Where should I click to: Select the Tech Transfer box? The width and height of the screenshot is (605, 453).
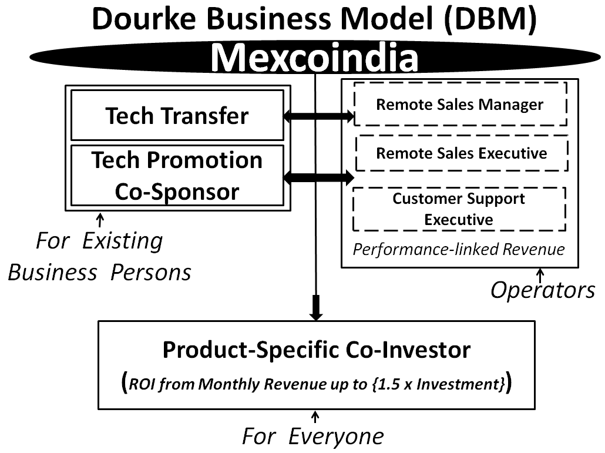(x=177, y=116)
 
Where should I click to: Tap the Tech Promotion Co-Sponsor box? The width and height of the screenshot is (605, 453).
(x=177, y=176)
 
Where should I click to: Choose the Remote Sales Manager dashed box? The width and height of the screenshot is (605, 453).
(x=459, y=105)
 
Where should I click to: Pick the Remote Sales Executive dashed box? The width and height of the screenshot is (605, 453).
(x=462, y=153)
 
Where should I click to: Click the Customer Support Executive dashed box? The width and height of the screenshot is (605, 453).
(x=459, y=209)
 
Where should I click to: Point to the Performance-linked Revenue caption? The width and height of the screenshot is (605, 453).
(x=458, y=250)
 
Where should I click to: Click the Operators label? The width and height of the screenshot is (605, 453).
(x=542, y=290)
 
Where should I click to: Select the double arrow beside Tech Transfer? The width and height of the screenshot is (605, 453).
(x=318, y=117)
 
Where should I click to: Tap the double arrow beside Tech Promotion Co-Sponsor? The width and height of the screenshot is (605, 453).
(x=318, y=176)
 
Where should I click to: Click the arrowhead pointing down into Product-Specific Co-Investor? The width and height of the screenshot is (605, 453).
(x=317, y=310)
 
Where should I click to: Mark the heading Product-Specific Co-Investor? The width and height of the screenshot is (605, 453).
(x=317, y=350)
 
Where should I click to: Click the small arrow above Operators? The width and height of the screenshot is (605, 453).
(x=540, y=274)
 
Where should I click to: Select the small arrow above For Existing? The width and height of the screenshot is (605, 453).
(x=100, y=220)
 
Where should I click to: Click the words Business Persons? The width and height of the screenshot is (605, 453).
(x=99, y=273)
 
